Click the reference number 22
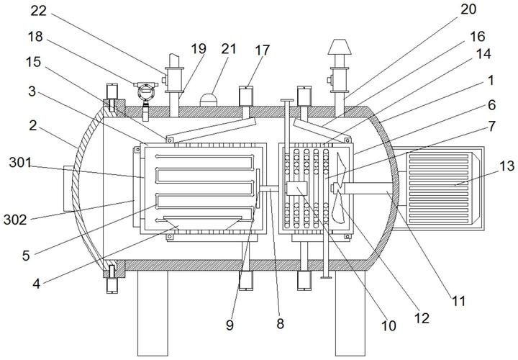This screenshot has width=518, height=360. click(x=39, y=11)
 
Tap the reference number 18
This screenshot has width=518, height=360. click(x=35, y=37)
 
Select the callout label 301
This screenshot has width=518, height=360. click(x=20, y=163)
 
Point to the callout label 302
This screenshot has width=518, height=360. click(x=15, y=220)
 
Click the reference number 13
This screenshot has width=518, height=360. click(x=506, y=166)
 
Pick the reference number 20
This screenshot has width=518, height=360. click(x=468, y=9)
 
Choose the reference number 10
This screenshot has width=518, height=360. click(x=388, y=325)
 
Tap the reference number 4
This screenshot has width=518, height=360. click(x=37, y=283)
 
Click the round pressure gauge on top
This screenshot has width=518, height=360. click(x=145, y=92)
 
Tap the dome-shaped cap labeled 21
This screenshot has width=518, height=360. click(x=209, y=100)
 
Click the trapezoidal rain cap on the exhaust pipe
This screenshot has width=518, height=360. click(x=340, y=47)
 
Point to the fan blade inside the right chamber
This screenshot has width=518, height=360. click(x=338, y=188)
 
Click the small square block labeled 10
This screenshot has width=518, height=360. click(x=296, y=189)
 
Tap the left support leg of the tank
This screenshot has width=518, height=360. click(x=153, y=313)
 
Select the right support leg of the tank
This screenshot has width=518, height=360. click(x=350, y=313)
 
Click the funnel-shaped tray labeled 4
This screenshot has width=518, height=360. click(x=201, y=223)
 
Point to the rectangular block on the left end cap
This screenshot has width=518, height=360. click(x=68, y=188)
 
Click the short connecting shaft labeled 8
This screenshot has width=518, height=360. click(x=269, y=189)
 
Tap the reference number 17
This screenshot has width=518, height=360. click(x=263, y=50)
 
